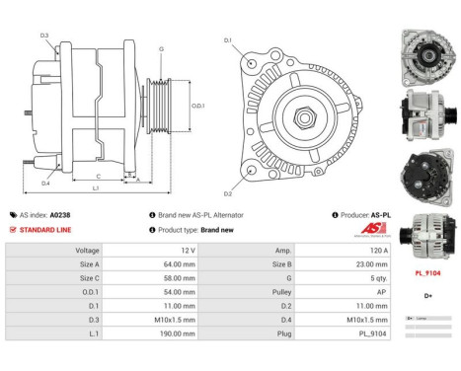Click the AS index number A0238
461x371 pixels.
coord(60,214)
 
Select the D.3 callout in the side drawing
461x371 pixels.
coord(44,37)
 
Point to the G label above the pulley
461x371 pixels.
coord(161,48)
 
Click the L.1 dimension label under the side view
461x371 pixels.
coord(95,187)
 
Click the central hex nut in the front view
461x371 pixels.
coord(296,108)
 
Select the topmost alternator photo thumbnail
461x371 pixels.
coord(427,50)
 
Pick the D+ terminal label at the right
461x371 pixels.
coord(427,295)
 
